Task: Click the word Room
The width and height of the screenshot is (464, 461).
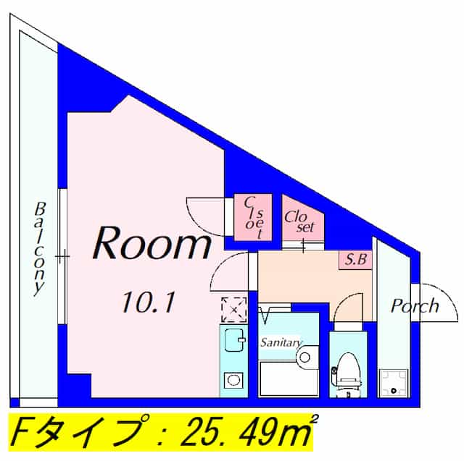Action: [150, 245]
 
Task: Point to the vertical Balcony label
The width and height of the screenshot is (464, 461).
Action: [40, 247]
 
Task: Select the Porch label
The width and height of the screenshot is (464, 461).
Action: [415, 305]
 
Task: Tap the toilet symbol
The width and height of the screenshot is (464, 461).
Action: [347, 372]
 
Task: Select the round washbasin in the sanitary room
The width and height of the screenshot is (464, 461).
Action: [305, 355]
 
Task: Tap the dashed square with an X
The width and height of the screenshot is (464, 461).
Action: [233, 309]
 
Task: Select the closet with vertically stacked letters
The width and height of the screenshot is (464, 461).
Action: [252, 216]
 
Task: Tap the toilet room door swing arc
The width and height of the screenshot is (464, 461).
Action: [349, 308]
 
